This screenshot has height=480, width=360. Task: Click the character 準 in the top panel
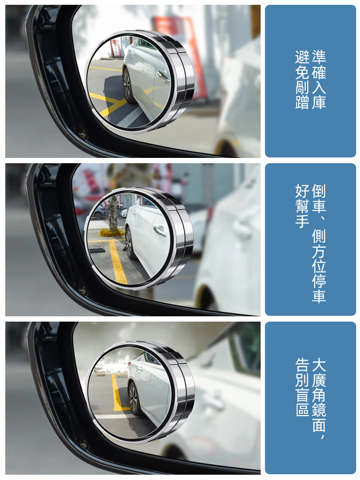tap(319, 56)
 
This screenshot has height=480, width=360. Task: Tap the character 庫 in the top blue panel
tap(319, 102)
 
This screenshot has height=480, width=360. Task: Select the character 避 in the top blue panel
tap(302, 57)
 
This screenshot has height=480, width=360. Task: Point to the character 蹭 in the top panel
tap(302, 102)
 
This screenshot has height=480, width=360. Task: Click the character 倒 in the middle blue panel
tap(319, 191)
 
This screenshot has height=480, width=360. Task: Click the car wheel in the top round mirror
tap(128, 85)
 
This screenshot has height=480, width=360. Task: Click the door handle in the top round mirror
tap(164, 74)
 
